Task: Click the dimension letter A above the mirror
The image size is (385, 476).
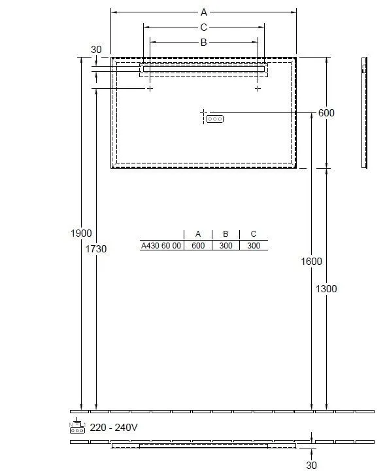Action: pos(203,12)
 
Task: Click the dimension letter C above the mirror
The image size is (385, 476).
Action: pos(203,27)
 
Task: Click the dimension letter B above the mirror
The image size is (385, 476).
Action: pos(203,42)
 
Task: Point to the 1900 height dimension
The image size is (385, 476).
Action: pos(81,233)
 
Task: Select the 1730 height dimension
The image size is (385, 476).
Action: pos(96,249)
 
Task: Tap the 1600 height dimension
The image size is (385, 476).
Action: pos(311,261)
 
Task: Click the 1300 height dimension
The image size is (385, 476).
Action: pos(326,289)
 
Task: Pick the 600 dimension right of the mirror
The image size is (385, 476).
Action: pos(326,113)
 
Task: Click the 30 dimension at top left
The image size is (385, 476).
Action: pos(96,50)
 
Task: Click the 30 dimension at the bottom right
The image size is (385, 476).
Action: pos(311,465)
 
